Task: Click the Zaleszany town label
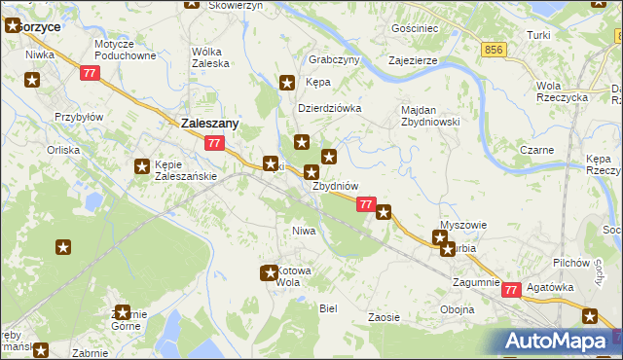tap(210, 124)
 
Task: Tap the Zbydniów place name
tap(336, 186)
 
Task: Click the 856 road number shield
tap(495, 49)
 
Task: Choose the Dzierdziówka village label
tap(329, 108)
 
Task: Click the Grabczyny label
tap(334, 58)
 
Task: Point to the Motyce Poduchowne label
tap(126, 51)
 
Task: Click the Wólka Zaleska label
tap(211, 56)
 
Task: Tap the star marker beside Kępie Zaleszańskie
tap(142, 166)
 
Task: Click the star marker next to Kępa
tap(287, 84)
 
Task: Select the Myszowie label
tap(463, 225)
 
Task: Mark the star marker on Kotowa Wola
tap(269, 273)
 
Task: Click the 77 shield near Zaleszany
tap(216, 144)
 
